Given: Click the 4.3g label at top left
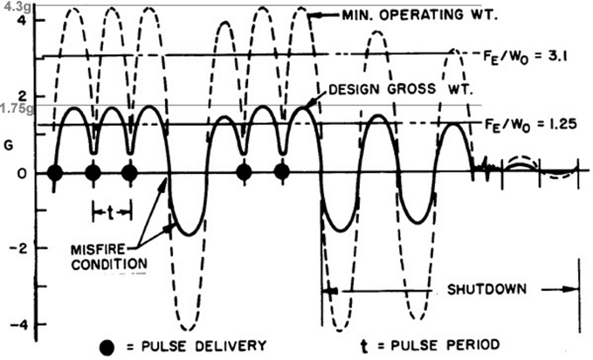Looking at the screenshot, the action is coord(12,7).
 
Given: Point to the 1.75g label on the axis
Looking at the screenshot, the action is coord(13,109).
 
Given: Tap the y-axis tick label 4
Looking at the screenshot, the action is coord(23,20).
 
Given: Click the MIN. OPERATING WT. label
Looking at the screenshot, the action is coord(419,15).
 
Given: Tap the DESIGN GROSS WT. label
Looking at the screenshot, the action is coord(400,90).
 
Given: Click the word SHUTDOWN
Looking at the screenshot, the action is coord(486,289).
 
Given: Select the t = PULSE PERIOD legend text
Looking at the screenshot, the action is coord(431,344).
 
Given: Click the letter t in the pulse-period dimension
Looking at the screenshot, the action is coord(111,211).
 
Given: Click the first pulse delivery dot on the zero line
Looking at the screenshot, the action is coord(55,173).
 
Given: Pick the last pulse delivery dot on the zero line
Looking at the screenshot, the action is coord(282,173).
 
